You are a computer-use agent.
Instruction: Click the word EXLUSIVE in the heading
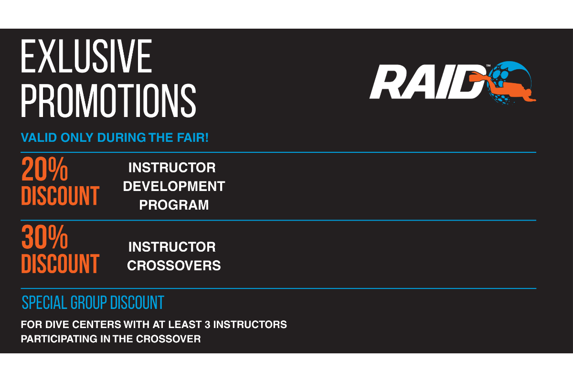pos(86,56)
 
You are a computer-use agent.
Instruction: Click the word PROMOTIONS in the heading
pos(108,101)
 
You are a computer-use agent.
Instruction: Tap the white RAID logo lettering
pos(428,82)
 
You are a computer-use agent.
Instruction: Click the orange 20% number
pos(44,169)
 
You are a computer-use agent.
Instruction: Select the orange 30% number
pos(44,237)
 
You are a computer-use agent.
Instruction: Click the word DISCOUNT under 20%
pos(60,196)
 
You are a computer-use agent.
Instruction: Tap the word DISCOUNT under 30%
pos(60,264)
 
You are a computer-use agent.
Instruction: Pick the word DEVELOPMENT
pos(174,186)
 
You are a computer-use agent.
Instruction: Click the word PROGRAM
pos(174,205)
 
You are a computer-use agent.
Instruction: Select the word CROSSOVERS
pos(174,265)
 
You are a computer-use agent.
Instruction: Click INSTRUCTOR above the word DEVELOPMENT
pos(172,168)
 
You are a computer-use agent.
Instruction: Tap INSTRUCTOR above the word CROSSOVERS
pos(172,247)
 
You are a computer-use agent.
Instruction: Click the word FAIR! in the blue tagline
pos(193,138)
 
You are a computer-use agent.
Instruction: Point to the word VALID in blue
pos(39,138)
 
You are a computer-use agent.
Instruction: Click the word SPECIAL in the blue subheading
pos(44,302)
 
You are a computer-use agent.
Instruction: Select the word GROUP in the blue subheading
pos(88,302)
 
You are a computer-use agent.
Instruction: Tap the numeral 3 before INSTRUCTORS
pos(207,324)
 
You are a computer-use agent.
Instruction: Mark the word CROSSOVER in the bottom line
pos(168,339)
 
